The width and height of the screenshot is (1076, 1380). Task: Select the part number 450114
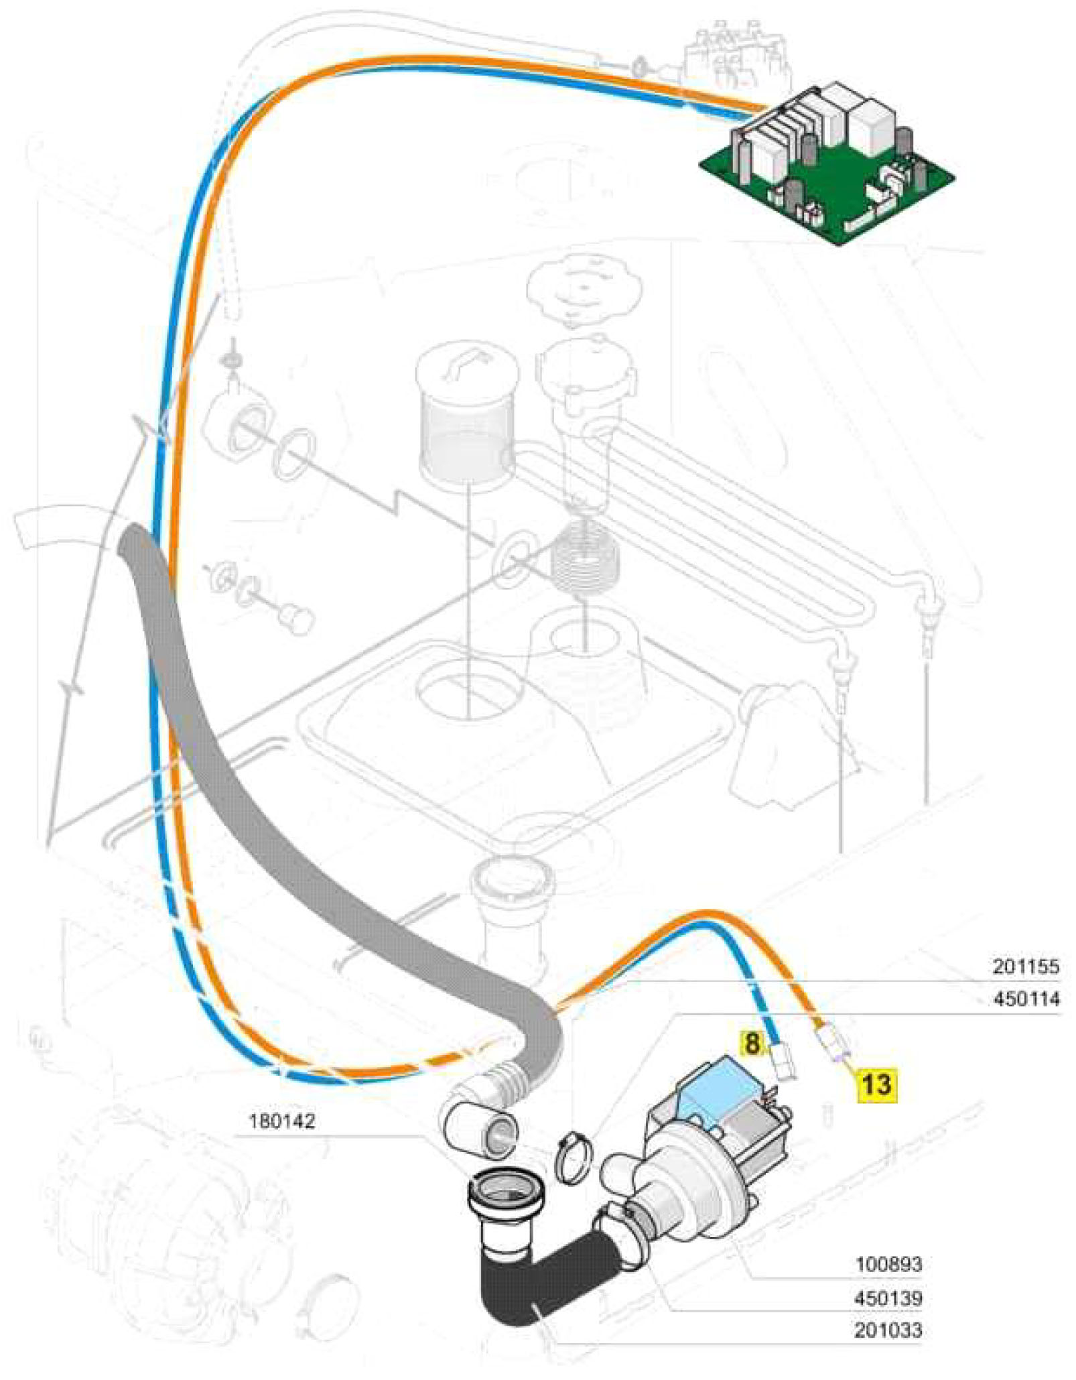pyautogui.click(x=1025, y=999)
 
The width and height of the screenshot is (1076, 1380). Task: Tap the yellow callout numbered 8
pyautogui.click(x=752, y=1043)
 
